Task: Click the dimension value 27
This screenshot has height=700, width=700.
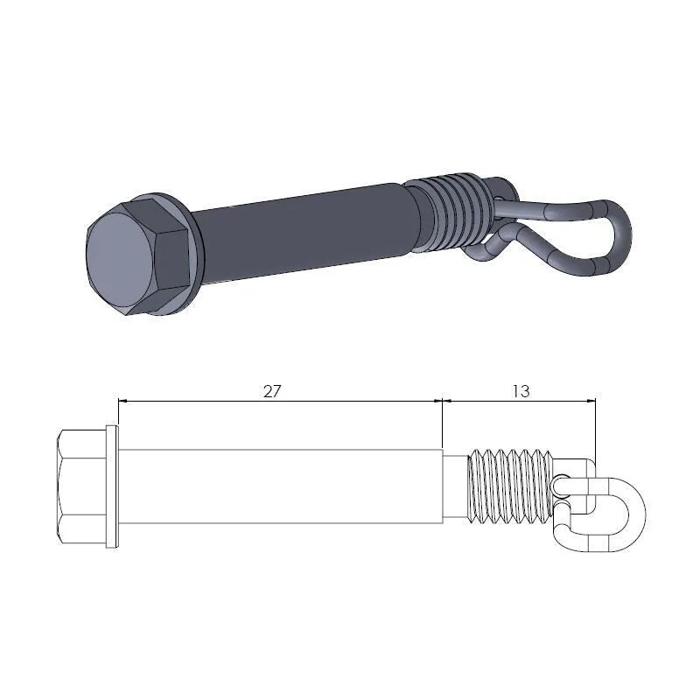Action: (272, 390)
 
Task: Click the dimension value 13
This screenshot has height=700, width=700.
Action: (520, 390)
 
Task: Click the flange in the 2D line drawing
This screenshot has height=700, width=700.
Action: (111, 486)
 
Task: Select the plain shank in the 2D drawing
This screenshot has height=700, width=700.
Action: (280, 486)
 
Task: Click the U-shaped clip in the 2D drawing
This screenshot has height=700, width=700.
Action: (612, 515)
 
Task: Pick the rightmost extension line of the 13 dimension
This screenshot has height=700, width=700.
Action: (596, 429)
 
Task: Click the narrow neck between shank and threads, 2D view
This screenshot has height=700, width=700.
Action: (456, 486)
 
